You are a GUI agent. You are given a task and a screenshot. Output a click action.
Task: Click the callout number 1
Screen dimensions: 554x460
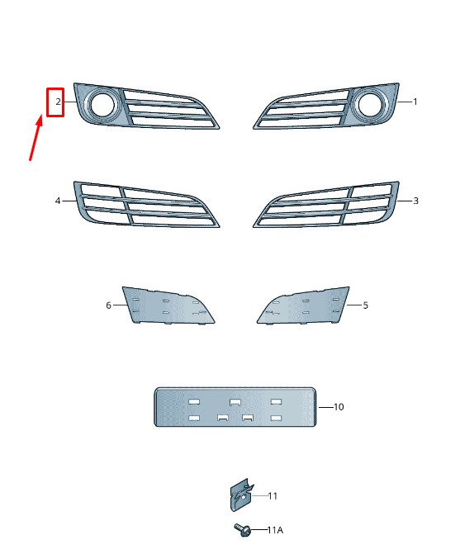(415, 102)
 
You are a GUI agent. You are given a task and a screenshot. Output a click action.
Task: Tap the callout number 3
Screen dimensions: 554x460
(415, 201)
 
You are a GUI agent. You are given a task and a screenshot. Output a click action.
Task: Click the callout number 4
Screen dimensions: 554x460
(58, 201)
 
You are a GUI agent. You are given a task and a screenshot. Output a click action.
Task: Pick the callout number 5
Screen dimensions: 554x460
(366, 305)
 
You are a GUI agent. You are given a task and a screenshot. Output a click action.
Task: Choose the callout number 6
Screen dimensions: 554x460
(108, 305)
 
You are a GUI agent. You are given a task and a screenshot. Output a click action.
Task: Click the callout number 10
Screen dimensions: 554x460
(339, 407)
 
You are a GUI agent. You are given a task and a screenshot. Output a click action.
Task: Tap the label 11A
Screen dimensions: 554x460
(274, 529)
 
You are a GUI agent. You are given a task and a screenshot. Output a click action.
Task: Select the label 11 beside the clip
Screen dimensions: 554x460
(273, 496)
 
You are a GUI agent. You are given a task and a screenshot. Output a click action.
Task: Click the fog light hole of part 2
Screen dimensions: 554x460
(103, 105)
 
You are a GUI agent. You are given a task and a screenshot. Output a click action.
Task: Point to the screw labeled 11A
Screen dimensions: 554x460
(242, 528)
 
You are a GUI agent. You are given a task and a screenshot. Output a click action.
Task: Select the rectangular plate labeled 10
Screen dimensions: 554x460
(235, 406)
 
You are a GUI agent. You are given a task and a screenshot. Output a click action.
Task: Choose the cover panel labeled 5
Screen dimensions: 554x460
(306, 305)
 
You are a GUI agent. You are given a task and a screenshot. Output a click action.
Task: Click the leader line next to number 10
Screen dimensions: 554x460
(325, 407)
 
